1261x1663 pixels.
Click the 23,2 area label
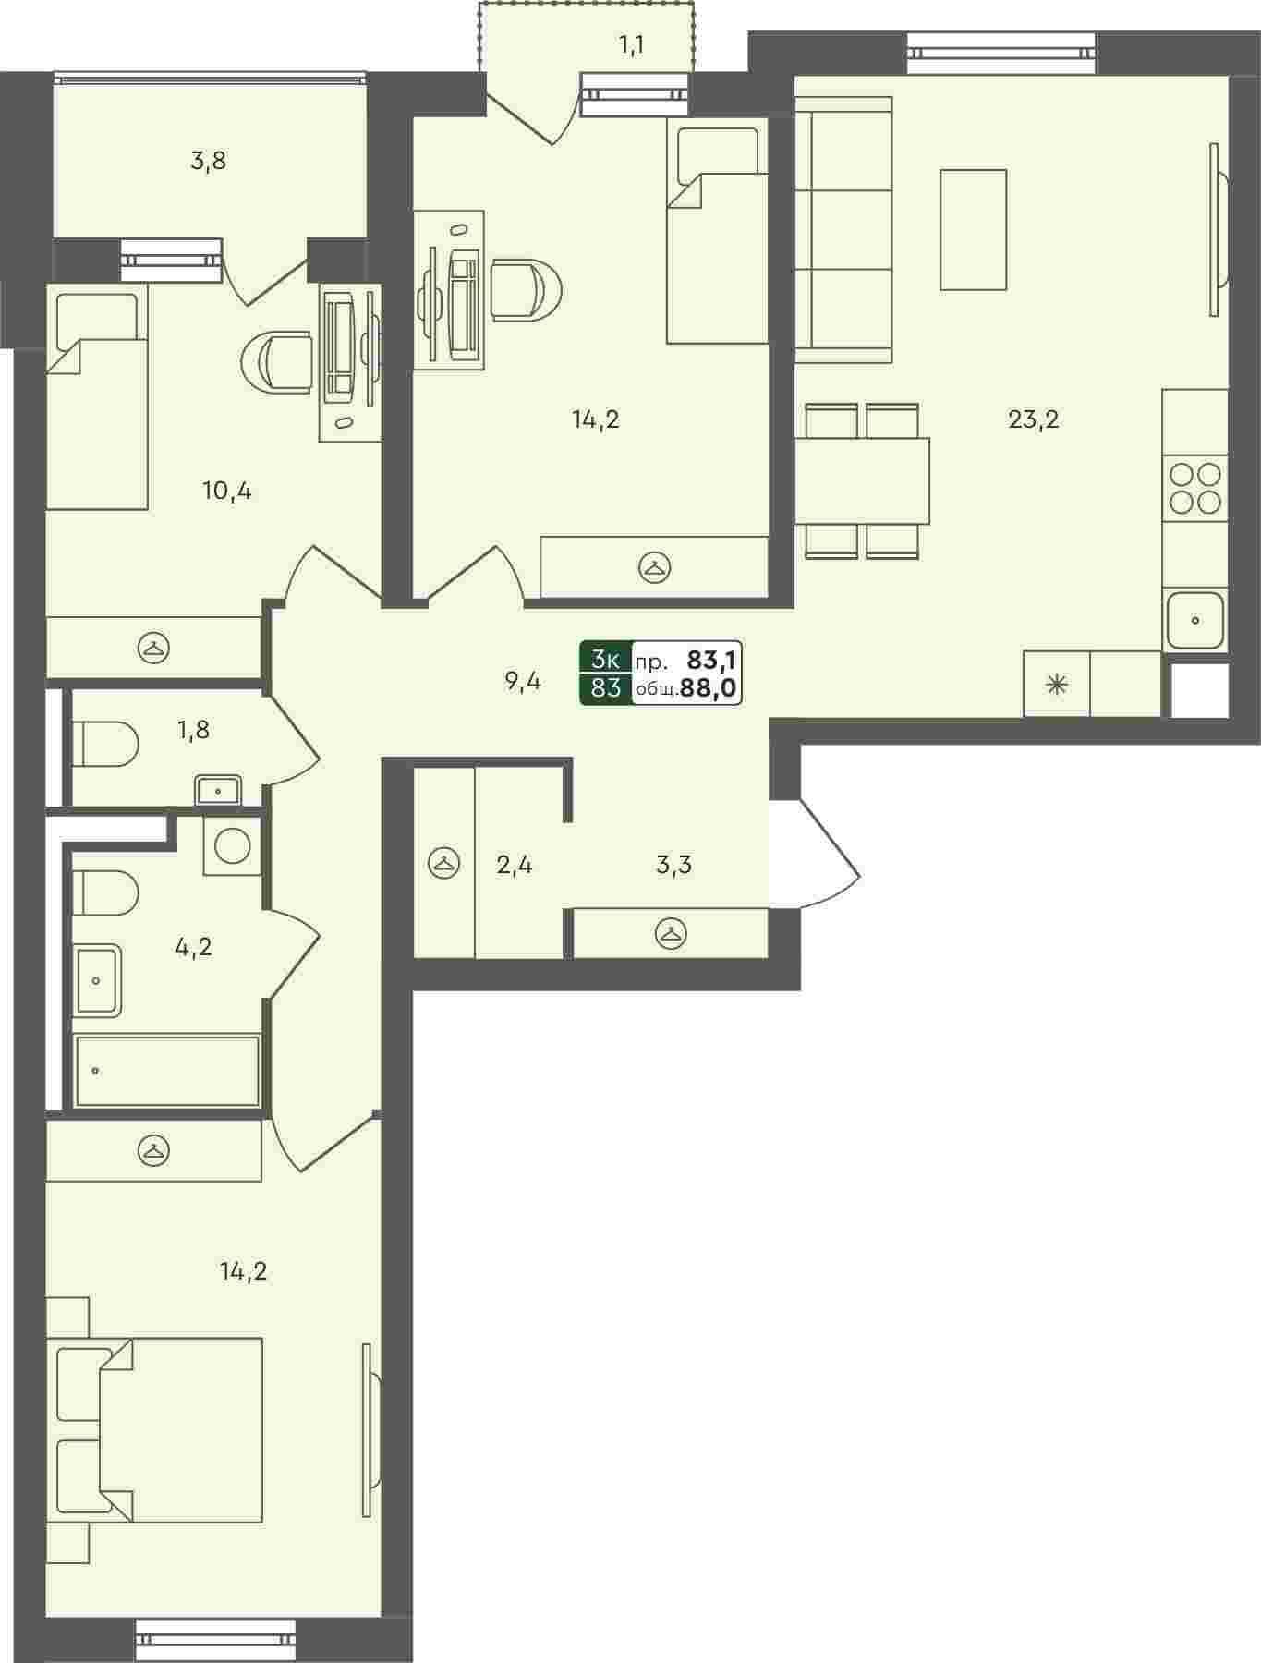pos(1033,420)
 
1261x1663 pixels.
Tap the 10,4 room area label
pos(226,492)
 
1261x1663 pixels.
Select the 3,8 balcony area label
pos(208,162)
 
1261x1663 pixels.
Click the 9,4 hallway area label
pos(522,683)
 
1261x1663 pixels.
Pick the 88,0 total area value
pos(710,688)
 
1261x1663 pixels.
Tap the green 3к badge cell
pos(606,659)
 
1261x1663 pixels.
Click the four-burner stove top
pos(1194,488)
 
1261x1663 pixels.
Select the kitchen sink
pos(1195,620)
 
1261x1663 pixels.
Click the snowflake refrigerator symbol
pos(1056,685)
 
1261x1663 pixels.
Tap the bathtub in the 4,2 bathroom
pos(167,1070)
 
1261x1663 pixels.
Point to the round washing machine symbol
pos(232,845)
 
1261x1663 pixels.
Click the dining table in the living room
pos(862,481)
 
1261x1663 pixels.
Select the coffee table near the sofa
pos(973,230)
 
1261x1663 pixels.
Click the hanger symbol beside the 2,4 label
pos(444,864)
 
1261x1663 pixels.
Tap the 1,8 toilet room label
pos(194,730)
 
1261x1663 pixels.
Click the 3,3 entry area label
pos(673,866)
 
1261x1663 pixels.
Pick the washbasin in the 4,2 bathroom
pos(98,979)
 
